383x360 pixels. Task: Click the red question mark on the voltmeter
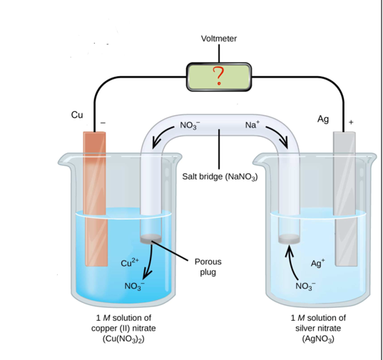(x=219, y=74)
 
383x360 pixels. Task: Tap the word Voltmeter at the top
(x=219, y=38)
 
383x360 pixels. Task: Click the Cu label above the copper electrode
(x=77, y=114)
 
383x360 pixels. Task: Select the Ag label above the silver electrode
(x=323, y=119)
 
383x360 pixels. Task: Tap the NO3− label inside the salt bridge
(x=190, y=125)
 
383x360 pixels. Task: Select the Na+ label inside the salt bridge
(x=253, y=125)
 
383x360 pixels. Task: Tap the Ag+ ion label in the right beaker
(x=319, y=262)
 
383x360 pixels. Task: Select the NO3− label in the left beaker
(x=134, y=287)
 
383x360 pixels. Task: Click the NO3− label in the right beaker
(x=305, y=287)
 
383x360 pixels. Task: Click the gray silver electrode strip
(x=344, y=200)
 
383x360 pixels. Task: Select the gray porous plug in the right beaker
(x=288, y=239)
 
